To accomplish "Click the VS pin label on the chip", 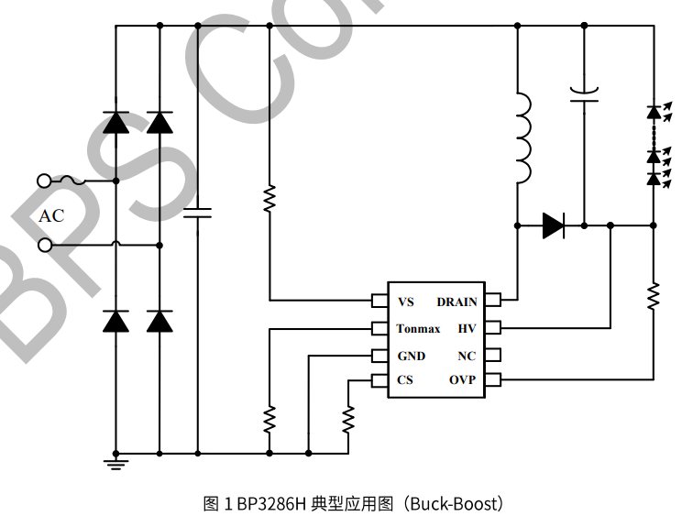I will [406, 302].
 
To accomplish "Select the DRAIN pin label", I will [456, 302].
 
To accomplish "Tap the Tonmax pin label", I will [418, 328].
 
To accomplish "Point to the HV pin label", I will [467, 328].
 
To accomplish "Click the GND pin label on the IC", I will [411, 356].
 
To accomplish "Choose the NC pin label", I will [467, 356].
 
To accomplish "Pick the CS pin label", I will [405, 380].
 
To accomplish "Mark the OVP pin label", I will [463, 380].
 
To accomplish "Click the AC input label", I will [51, 216].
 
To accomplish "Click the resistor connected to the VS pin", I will [269, 199].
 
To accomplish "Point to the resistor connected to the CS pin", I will [348, 420].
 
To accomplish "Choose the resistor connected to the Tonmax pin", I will [269, 420].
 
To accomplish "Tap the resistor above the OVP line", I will [654, 295].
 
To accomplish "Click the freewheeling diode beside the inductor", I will [553, 225].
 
